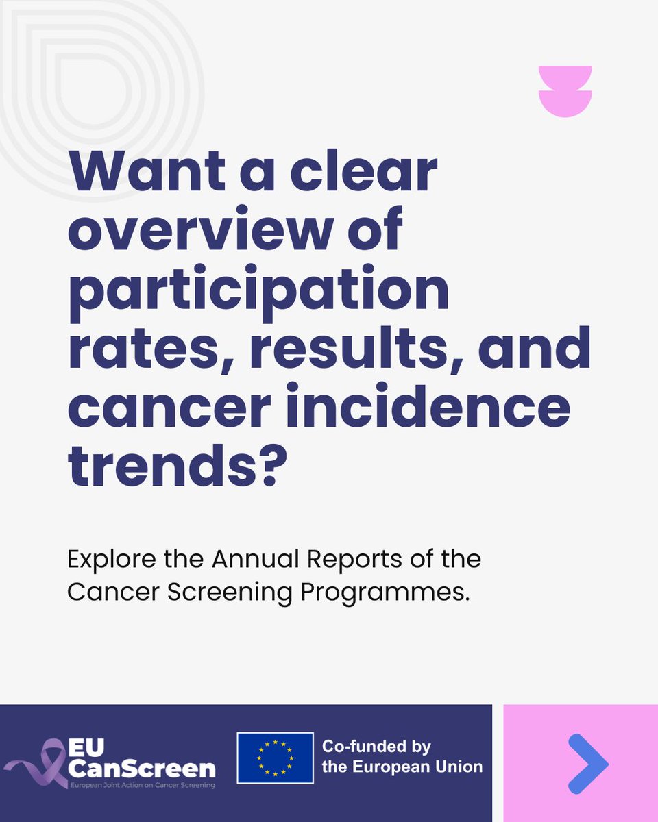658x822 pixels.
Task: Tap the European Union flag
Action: point(275,758)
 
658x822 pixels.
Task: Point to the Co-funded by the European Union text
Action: point(402,756)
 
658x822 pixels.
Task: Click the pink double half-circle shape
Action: point(565,91)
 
